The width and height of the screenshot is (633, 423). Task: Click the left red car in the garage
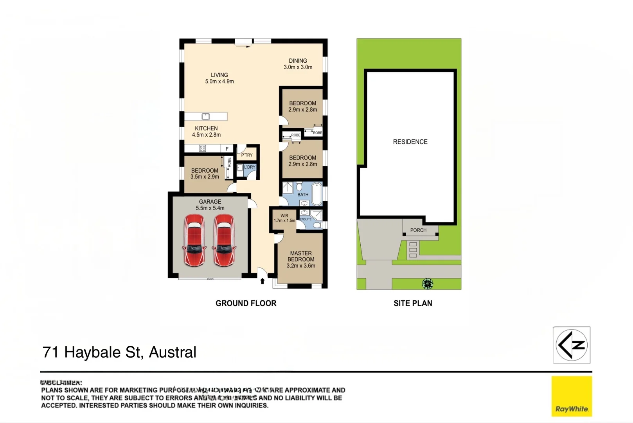[194, 240]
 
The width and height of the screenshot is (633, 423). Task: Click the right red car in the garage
[224, 240]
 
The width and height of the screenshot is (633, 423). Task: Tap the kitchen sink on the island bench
[205, 116]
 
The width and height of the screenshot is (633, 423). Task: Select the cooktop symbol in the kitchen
[202, 148]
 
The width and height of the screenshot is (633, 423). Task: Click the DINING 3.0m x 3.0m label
[298, 64]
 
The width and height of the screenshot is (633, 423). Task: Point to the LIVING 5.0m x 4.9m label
[219, 78]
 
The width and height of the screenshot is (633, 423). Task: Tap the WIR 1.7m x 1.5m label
[284, 218]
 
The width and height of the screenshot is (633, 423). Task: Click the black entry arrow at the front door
[263, 281]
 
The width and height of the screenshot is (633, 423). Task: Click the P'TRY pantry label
[247, 155]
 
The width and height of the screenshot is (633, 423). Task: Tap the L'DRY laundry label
[250, 167]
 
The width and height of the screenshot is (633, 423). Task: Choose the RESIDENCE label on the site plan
[410, 142]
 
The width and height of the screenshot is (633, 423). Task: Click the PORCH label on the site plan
[418, 230]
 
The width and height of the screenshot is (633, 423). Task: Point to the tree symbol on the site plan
[428, 284]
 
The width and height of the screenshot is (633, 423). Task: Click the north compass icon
[572, 345]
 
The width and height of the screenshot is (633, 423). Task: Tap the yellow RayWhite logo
[572, 396]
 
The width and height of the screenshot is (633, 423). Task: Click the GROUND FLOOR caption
[246, 303]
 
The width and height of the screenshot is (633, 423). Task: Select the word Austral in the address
[173, 352]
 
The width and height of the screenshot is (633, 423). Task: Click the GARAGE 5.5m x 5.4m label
[210, 205]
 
